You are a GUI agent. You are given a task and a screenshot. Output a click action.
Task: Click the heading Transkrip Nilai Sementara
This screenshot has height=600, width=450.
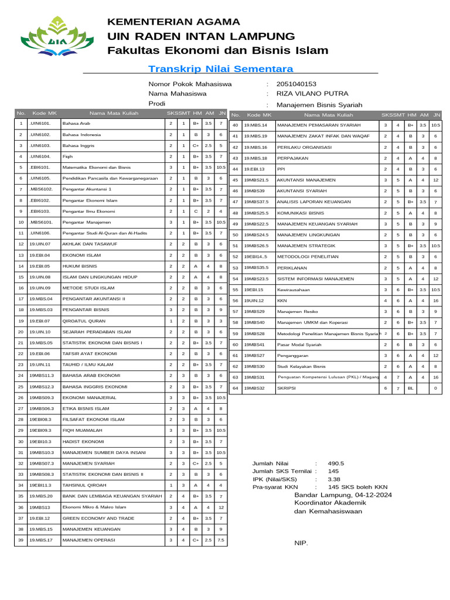[x=221, y=69]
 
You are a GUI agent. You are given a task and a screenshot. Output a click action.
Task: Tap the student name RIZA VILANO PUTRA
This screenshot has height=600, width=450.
[x=312, y=94]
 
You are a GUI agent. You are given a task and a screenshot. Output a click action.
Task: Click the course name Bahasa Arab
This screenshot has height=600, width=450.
[x=76, y=124]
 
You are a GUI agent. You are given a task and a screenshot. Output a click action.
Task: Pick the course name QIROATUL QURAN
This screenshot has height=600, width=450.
[x=84, y=321]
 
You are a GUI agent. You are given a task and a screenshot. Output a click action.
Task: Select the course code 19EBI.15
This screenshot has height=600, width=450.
[x=254, y=289]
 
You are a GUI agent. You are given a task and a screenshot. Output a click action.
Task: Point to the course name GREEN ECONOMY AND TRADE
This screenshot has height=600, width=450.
[x=98, y=518]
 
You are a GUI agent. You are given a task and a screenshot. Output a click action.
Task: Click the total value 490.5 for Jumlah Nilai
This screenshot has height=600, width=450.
[x=336, y=463]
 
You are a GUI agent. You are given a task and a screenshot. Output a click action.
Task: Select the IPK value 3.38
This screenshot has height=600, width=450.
[x=334, y=479]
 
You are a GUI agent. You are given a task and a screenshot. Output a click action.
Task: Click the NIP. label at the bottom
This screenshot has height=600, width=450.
[x=301, y=543]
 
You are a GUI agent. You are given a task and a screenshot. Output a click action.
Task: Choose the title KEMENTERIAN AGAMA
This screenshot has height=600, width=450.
[x=169, y=22]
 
